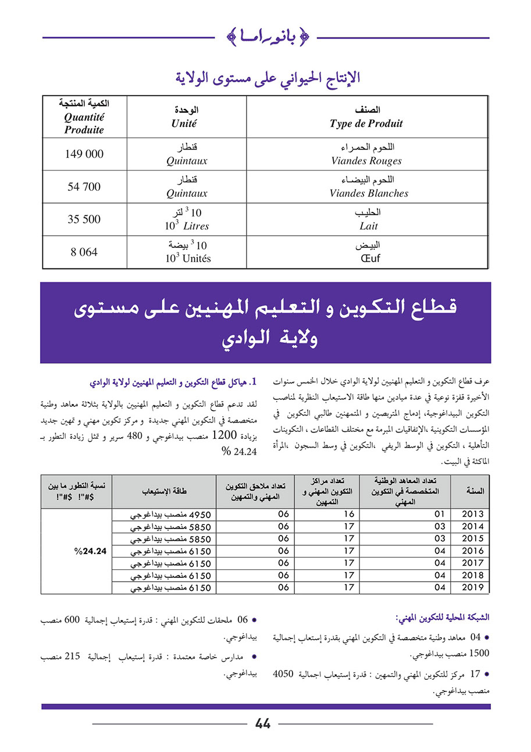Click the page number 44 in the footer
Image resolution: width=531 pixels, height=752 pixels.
pyautogui.click(x=263, y=723)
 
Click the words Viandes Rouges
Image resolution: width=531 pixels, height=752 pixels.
pyautogui.click(x=366, y=161)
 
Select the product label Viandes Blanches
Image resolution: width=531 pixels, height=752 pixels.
pyautogui.click(x=369, y=193)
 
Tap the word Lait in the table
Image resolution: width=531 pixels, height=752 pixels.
pyautogui.click(x=368, y=226)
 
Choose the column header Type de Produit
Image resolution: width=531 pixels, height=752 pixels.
pyautogui.click(x=366, y=123)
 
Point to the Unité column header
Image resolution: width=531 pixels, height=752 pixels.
pyautogui.click(x=184, y=123)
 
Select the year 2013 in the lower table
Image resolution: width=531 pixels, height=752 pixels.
pyautogui.click(x=472, y=514)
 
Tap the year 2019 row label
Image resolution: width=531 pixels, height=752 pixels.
pyautogui.click(x=472, y=587)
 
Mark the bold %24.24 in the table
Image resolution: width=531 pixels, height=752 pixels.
pyautogui.click(x=92, y=551)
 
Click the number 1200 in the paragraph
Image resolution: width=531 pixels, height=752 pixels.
pyautogui.click(x=224, y=434)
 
